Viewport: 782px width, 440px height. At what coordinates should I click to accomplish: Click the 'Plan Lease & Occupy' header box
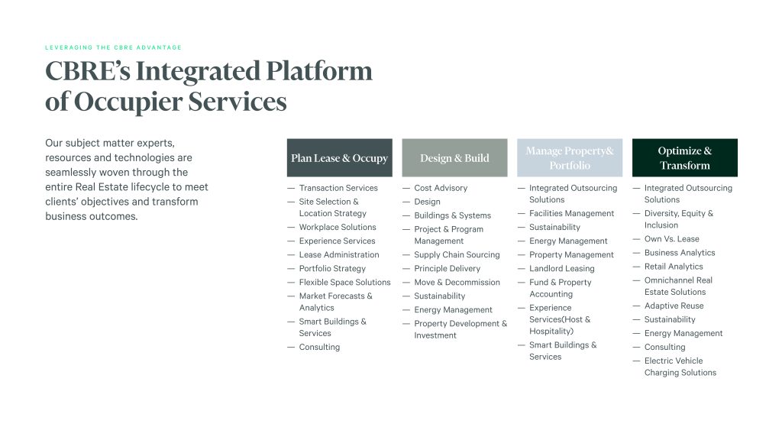coord(340,157)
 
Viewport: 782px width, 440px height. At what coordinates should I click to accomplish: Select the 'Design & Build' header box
coord(455,157)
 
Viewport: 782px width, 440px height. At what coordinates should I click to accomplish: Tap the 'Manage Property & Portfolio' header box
coord(570,157)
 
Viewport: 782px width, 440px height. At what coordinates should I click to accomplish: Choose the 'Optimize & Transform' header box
coord(685,157)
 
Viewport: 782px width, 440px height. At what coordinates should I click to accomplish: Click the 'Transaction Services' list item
coord(338,188)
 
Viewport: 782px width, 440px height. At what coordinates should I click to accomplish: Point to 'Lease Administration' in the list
coord(339,254)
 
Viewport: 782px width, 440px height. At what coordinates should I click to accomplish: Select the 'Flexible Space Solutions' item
coord(344,283)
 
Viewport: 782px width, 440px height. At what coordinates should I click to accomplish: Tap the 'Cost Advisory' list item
coord(441,188)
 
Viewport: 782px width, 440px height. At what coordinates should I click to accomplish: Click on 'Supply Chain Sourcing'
coord(457,254)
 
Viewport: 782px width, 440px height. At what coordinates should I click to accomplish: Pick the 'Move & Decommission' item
coord(457,283)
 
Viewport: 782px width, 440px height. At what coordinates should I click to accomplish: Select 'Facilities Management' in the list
coord(571,214)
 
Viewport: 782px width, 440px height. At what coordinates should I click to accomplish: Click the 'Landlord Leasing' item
coord(561,268)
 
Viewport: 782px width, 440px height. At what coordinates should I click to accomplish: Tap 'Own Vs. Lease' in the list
coord(672,239)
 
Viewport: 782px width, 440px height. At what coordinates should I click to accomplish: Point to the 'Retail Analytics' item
coord(674,267)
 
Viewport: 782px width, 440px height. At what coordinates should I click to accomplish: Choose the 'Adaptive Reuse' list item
coord(674,306)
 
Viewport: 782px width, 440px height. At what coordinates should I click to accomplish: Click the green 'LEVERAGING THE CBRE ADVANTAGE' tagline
coord(114,47)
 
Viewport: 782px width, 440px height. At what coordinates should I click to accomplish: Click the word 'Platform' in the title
coord(319,71)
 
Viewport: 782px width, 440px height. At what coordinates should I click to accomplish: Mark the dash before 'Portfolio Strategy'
coord(291,268)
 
